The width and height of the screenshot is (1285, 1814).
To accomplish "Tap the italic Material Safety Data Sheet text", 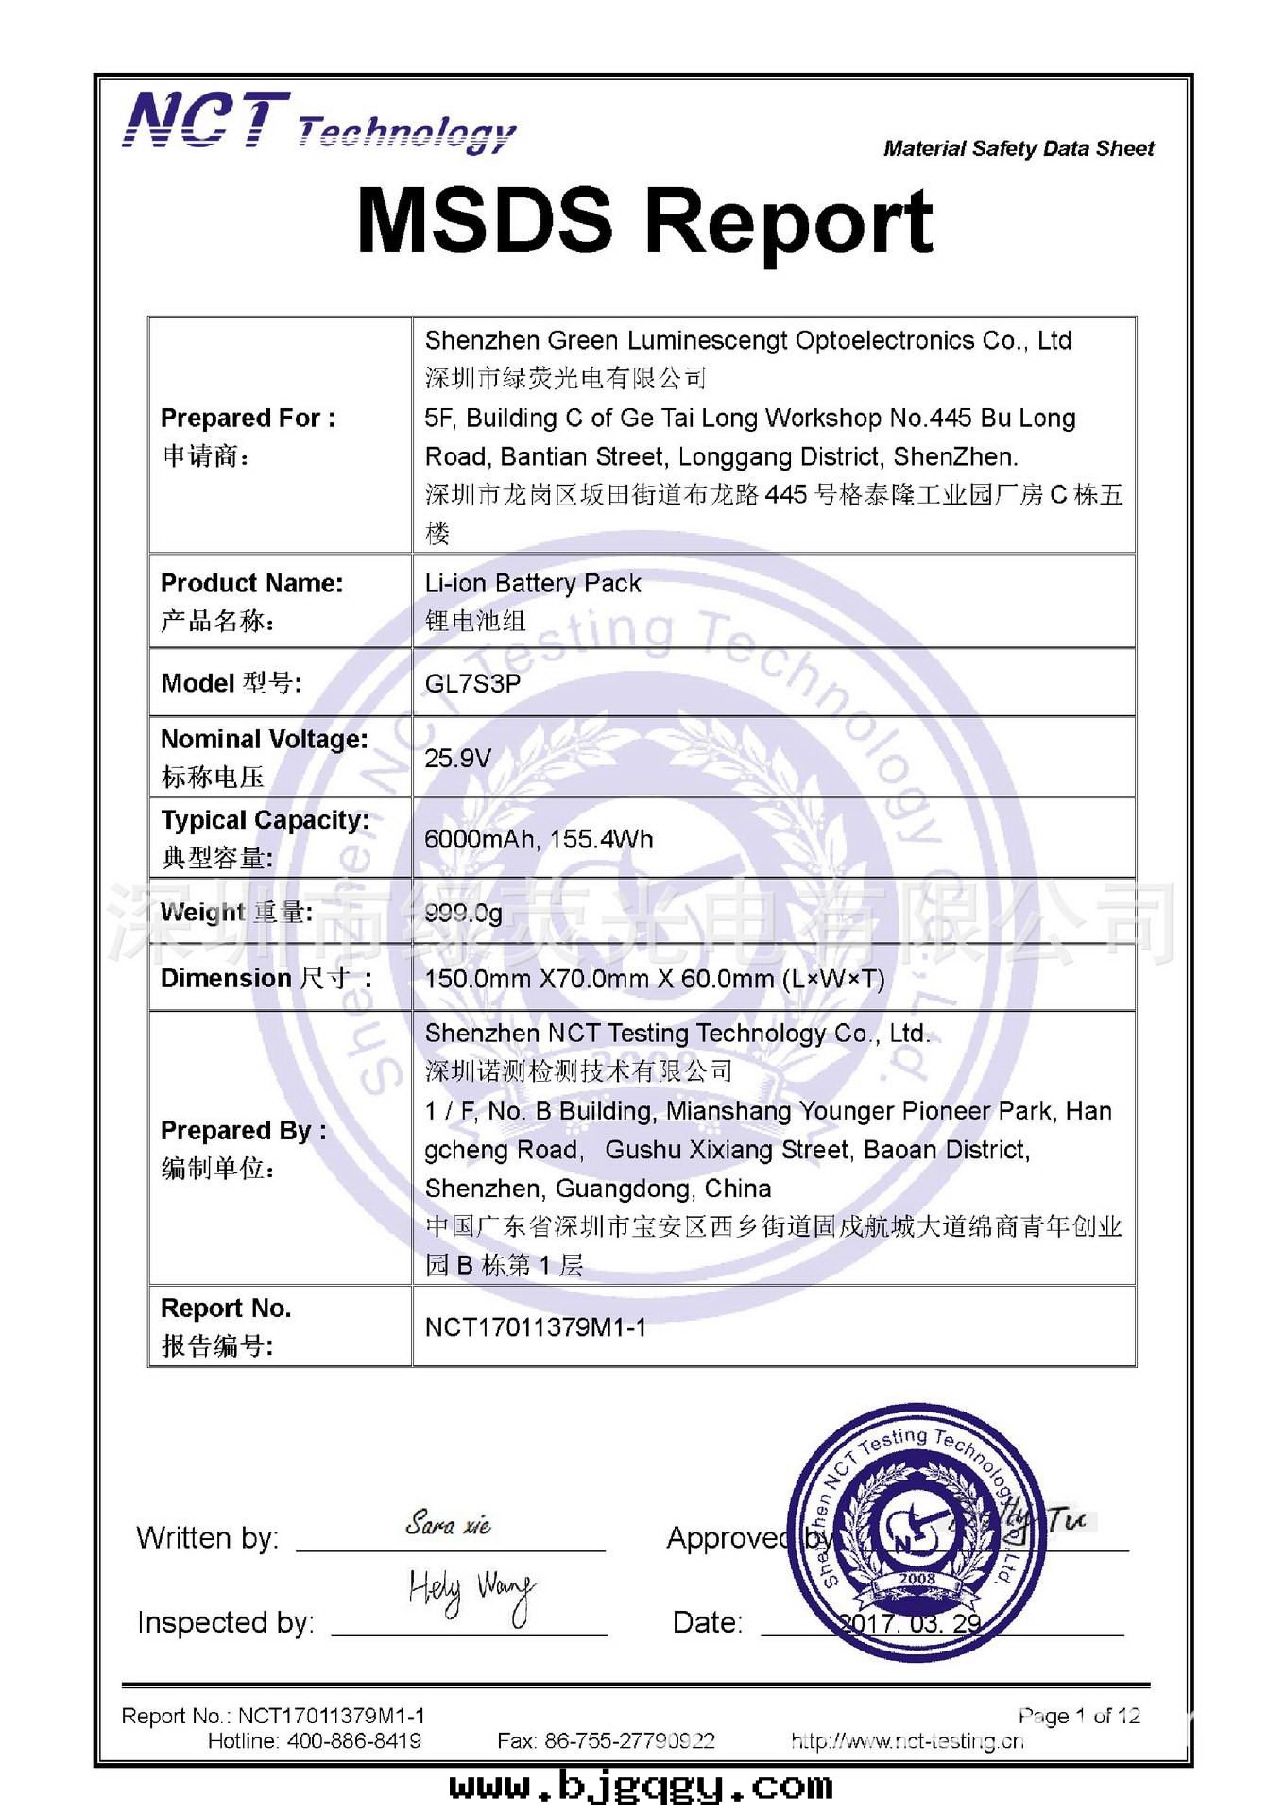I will [1018, 148].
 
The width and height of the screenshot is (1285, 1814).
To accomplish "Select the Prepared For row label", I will [248, 418].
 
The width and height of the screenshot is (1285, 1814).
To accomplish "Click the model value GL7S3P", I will [472, 683].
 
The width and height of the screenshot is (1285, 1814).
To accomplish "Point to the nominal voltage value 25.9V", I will [457, 758].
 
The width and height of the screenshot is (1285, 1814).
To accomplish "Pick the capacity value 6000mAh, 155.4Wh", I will [539, 839].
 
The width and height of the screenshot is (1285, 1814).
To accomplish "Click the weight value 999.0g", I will [463, 913].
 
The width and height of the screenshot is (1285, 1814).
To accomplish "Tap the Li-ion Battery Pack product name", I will [533, 583].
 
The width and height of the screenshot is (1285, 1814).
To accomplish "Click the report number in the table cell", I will [535, 1327].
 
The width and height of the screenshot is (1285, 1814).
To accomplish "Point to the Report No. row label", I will [226, 1309].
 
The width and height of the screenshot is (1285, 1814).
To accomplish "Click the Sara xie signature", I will [448, 1524].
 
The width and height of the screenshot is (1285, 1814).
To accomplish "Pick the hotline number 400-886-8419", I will [354, 1740].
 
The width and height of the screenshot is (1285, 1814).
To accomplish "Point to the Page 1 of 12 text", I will [1079, 1716].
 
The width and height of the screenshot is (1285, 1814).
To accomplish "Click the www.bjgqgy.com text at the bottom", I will [641, 1786].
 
